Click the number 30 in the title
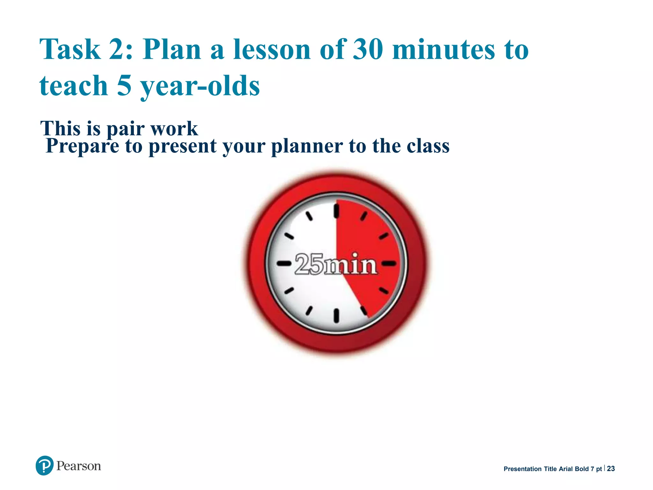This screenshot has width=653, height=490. coord(368,49)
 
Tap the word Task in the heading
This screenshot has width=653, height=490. coord(70,49)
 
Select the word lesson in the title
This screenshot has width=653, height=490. coord(272,49)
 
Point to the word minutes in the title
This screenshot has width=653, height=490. coord(444,49)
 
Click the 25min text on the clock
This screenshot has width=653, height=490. coord(336,264)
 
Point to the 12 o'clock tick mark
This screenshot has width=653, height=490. coord(336,211)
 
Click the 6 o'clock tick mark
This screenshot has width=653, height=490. coord(336,316)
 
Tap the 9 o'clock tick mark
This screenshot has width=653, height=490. coord(284,264)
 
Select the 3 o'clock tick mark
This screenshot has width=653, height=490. coord(389,264)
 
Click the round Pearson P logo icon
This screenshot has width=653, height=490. coord(44,465)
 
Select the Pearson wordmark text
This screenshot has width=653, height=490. coord(78,466)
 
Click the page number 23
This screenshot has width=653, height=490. coord(611,469)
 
